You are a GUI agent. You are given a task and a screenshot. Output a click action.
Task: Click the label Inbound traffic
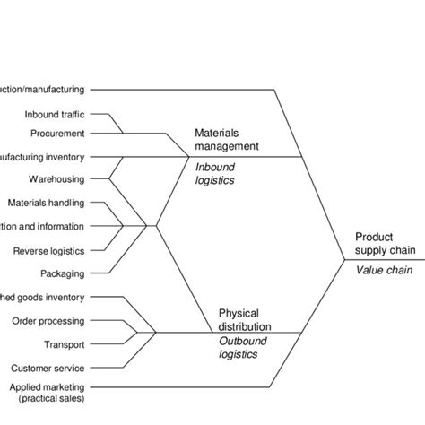click(55, 114)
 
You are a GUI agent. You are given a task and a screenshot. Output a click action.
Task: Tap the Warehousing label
click(56, 179)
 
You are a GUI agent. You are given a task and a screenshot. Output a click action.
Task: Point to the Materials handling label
click(47, 203)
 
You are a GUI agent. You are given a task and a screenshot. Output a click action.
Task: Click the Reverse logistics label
click(48, 251)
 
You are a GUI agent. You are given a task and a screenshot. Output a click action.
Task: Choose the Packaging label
click(63, 273)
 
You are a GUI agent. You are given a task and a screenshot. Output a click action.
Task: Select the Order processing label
click(48, 320)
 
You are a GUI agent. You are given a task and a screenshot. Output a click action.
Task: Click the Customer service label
click(48, 368)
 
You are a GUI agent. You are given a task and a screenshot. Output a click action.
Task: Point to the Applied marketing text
click(44, 386)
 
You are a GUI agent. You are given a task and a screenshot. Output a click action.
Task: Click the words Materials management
click(227, 138)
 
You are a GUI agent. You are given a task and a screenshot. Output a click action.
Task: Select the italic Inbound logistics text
click(214, 172)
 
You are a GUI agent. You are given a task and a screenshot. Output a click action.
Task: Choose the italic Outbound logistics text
click(241, 347)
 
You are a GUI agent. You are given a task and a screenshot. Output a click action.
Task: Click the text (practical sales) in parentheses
click(45, 397)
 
